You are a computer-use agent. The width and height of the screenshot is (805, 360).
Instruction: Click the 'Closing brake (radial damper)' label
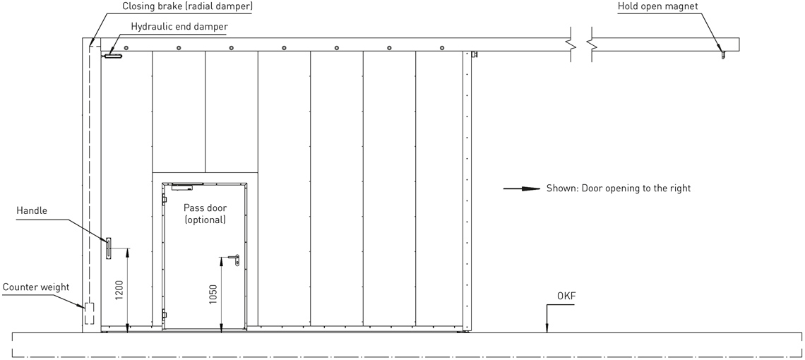coord(187,6)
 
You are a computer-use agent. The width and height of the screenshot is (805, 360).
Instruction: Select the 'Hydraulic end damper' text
coord(179,27)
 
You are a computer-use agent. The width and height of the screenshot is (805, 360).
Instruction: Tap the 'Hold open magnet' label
coord(657,6)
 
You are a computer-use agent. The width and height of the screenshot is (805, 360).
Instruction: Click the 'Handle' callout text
coord(32,210)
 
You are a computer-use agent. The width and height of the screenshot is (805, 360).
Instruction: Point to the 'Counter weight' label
coord(36,287)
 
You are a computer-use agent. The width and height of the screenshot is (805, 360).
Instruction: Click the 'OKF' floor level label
coord(566,296)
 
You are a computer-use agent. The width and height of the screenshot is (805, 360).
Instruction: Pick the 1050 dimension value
coord(213,294)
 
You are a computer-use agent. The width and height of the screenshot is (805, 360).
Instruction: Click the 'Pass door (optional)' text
coord(205,214)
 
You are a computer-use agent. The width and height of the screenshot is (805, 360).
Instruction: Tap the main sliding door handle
coord(109,248)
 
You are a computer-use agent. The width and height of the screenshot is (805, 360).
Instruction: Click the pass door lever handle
coord(234,260)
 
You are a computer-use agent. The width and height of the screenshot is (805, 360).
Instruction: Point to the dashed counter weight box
coord(90,313)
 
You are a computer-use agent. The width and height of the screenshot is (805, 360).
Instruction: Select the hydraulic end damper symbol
coord(112,56)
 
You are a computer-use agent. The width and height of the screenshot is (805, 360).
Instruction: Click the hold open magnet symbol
coord(723,54)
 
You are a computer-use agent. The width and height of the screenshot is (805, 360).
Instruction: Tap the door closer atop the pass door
coord(181,186)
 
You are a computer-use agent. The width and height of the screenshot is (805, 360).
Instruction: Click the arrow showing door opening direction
coord(522,188)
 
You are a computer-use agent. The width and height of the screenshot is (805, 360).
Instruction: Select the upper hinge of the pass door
coord(165,199)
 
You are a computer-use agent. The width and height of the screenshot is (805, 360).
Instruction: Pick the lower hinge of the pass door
coord(165,315)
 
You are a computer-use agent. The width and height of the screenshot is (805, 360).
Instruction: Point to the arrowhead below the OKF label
coord(547,328)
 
